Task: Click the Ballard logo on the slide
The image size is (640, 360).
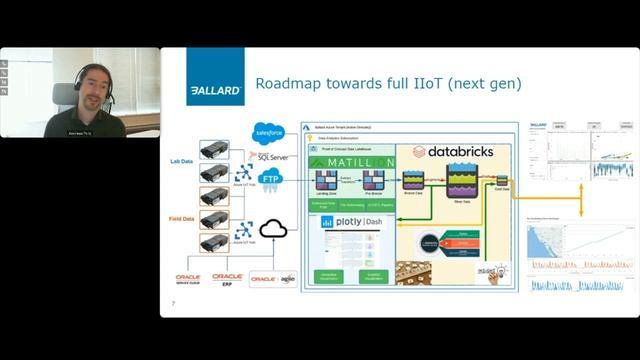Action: point(215,76)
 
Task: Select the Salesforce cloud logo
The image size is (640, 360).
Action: point(270,132)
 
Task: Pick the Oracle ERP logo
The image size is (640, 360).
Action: point(227,279)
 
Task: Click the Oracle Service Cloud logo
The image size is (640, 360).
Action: point(187,279)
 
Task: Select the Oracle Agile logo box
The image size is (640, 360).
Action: point(272,279)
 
